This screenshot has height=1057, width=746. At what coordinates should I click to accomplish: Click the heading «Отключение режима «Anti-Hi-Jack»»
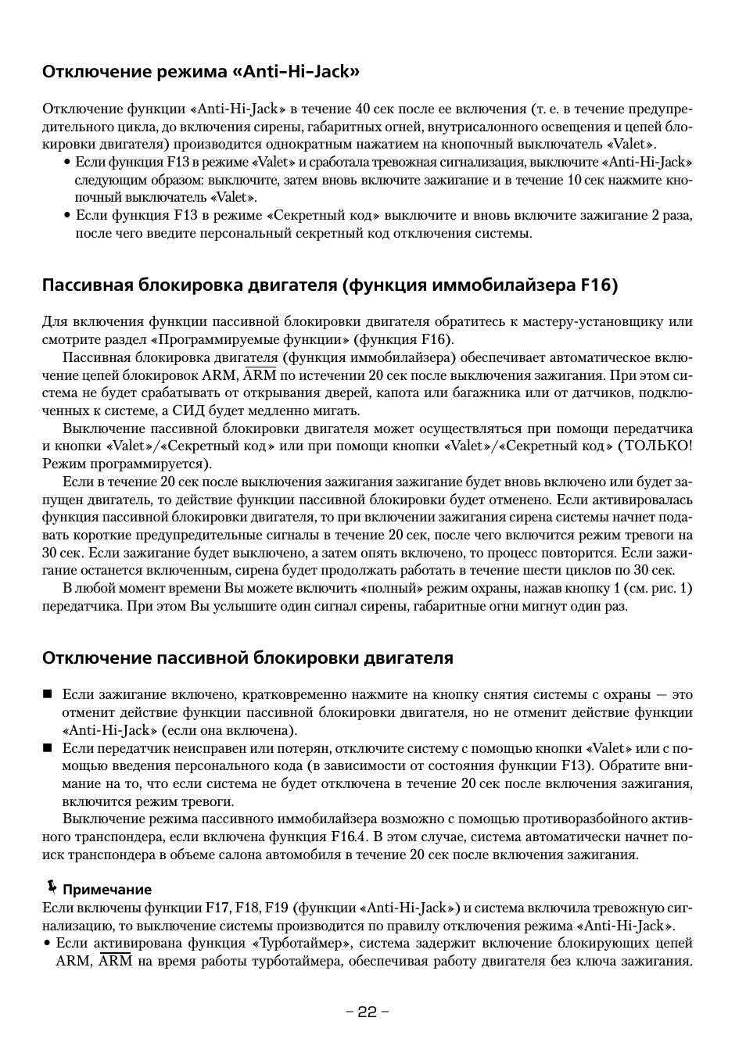click(x=201, y=72)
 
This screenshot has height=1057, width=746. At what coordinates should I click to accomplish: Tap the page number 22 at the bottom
click(x=368, y=1012)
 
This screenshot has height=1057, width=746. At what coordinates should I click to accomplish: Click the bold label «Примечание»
click(x=107, y=890)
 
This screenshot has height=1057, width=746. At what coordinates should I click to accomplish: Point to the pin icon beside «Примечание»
click(x=52, y=887)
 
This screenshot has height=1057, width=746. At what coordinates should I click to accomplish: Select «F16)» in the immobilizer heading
click(x=599, y=285)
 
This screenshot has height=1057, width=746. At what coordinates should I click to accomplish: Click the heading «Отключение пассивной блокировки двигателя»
click(x=247, y=657)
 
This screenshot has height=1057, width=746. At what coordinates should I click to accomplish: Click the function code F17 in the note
click(x=217, y=908)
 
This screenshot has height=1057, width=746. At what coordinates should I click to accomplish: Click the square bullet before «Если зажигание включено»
click(x=47, y=694)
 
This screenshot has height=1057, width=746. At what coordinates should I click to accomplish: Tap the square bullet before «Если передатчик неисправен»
click(x=47, y=748)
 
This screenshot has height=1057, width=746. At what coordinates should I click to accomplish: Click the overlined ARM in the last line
click(x=116, y=961)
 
